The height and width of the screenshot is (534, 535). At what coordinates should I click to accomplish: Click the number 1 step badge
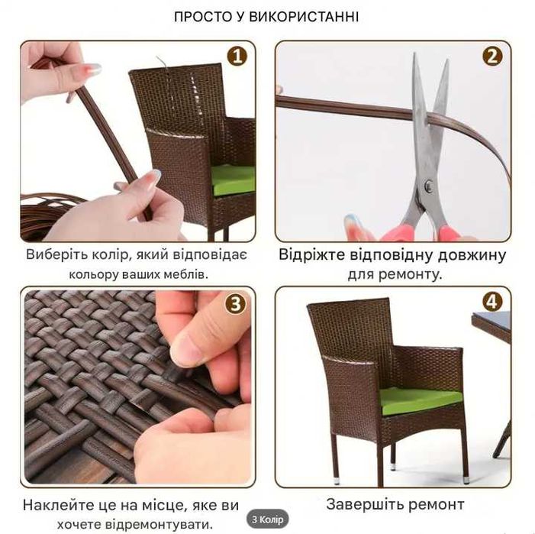point(237,56)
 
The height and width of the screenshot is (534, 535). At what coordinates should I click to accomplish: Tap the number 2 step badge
point(492,56)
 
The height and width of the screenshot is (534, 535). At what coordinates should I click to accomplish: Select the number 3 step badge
point(236,303)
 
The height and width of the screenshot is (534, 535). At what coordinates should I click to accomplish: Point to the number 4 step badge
point(492,302)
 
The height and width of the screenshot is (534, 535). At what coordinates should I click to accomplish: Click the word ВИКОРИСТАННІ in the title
point(304,17)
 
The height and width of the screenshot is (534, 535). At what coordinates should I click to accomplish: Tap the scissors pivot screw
point(429,186)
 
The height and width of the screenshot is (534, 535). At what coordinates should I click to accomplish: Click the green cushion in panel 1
point(233,180)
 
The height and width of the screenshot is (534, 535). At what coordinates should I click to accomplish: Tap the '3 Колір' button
point(267,519)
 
